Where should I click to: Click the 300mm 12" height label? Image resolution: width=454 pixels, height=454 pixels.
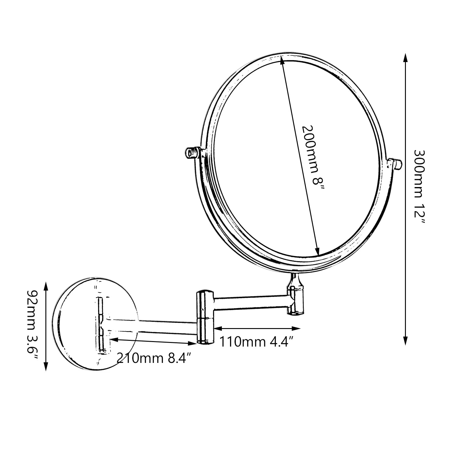420,191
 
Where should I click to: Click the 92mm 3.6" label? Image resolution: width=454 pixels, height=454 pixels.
32,325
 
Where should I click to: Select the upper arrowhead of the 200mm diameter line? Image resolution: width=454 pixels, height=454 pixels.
282,59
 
